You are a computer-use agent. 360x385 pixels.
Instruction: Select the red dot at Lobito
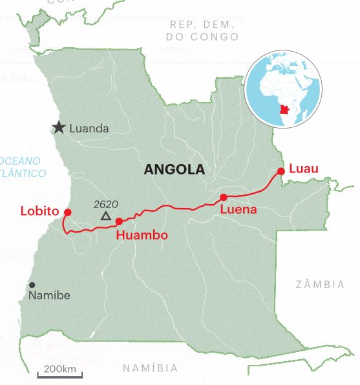67,212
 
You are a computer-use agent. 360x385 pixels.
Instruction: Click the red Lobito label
40,211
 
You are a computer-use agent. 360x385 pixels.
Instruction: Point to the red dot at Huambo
118,222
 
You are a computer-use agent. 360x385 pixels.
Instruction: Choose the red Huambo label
142,236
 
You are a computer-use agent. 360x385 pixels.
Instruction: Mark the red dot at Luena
223,197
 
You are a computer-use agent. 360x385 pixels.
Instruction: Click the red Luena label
238,210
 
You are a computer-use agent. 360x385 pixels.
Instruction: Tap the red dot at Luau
281,171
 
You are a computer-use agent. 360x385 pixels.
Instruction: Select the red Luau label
304,169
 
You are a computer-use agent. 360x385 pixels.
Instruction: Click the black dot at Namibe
32,285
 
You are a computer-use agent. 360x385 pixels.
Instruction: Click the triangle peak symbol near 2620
105,216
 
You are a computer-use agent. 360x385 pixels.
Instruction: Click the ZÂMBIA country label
321,284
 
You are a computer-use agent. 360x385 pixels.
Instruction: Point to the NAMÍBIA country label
150,368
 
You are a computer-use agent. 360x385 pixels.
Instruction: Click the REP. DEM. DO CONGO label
202,30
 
